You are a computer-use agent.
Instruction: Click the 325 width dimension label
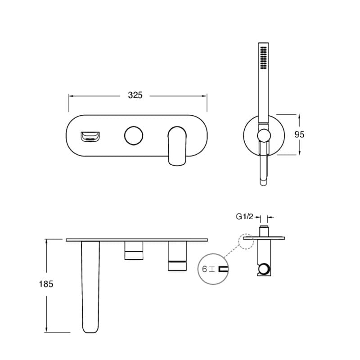(135, 95)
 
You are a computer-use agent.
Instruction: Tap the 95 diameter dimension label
(299, 134)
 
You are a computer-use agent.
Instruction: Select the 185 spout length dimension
(46, 284)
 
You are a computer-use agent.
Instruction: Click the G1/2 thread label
(244, 216)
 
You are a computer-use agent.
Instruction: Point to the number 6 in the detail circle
(204, 269)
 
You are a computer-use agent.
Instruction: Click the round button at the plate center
(134, 135)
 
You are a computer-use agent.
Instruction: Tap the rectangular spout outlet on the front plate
(90, 137)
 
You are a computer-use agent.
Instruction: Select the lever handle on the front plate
(177, 146)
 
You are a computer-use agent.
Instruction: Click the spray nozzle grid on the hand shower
(263, 58)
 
